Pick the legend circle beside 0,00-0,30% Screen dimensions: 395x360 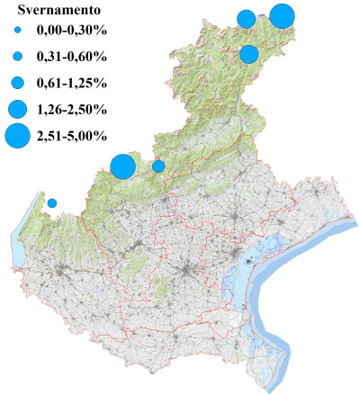[17, 31]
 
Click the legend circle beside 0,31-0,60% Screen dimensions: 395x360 [17, 57]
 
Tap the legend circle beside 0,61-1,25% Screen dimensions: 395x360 [17, 83]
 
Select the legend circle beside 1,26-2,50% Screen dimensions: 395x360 [17, 110]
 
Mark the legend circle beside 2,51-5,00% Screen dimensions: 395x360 [17, 136]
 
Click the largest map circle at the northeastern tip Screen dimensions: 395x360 [282, 16]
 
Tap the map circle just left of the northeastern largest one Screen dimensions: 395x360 [246, 19]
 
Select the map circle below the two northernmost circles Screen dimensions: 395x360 [249, 55]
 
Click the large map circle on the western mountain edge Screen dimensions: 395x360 [122, 166]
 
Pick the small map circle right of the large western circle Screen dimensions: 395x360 [158, 166]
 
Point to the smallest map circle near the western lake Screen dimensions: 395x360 [52, 203]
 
